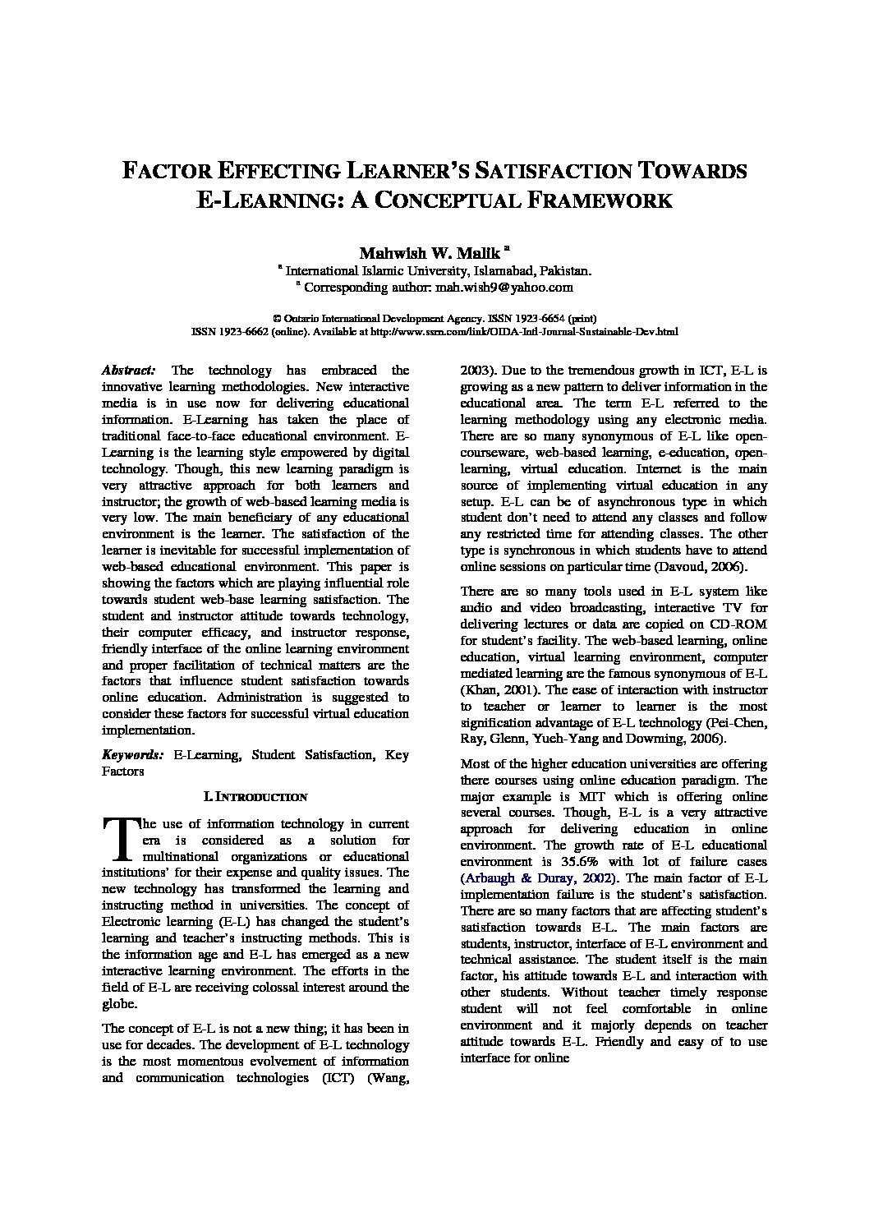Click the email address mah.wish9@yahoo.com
coord(504,288)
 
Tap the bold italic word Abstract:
coord(129,371)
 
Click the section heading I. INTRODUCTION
coord(255,796)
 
